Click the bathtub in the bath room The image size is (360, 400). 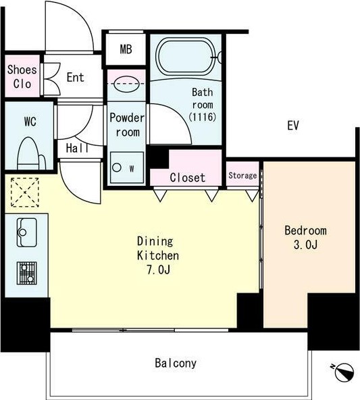tap(186, 56)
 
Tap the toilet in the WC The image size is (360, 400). tap(31, 153)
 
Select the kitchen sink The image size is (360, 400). tap(27, 232)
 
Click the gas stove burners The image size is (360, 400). tap(27, 273)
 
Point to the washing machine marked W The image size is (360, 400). tap(127, 168)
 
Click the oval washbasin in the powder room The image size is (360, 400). tap(126, 84)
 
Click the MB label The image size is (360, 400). tap(126, 49)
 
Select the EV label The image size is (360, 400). tap(292, 125)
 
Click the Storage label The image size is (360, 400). tap(242, 176)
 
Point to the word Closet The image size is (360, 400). tap(188, 178)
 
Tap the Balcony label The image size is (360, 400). tap(176, 364)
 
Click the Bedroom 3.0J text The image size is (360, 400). tap(306, 238)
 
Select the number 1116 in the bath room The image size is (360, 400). tap(203, 117)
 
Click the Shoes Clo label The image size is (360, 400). tap(22, 77)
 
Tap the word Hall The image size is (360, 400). tap(77, 148)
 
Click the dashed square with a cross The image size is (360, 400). tap(25, 193)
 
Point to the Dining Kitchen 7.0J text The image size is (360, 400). tap(158, 255)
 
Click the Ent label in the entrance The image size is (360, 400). tap(76, 77)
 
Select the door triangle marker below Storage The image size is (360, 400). tap(253, 196)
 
